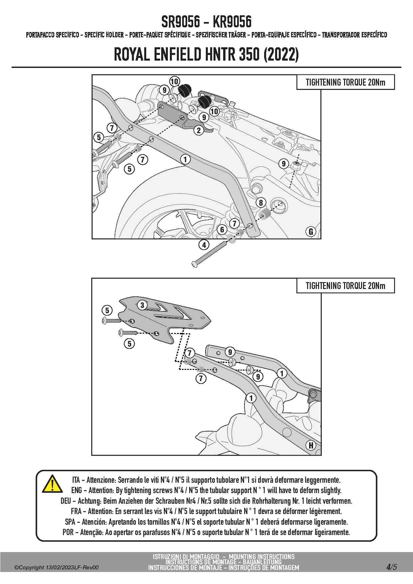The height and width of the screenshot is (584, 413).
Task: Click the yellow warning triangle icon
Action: pyautogui.click(x=52, y=484)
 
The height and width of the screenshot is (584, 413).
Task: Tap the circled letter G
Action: pyautogui.click(x=311, y=231)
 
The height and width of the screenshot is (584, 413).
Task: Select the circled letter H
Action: pyautogui.click(x=311, y=445)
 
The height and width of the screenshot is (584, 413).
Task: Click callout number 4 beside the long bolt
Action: pyautogui.click(x=204, y=245)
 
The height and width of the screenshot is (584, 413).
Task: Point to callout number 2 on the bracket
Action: pyautogui.click(x=199, y=130)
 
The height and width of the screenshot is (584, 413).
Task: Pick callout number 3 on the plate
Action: pyautogui.click(x=142, y=305)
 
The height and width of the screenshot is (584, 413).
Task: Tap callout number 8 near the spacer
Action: pyautogui.click(x=261, y=202)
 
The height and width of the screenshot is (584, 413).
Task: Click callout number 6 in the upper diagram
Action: pyautogui.click(x=222, y=229)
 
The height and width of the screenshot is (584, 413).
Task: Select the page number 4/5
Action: pyautogui.click(x=392, y=567)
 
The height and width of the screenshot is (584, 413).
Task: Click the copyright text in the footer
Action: pyautogui.click(x=56, y=568)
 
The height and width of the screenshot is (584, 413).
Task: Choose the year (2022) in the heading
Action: pyautogui.click(x=281, y=54)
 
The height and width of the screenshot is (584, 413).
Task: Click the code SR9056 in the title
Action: pyautogui.click(x=181, y=22)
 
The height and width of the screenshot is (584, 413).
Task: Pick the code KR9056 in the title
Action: pyautogui.click(x=232, y=22)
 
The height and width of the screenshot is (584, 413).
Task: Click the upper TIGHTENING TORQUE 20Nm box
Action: pyautogui.click(x=345, y=82)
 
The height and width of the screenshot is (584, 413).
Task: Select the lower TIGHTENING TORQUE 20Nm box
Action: pyautogui.click(x=345, y=286)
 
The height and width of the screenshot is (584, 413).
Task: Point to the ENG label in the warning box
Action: pyautogui.click(x=76, y=490)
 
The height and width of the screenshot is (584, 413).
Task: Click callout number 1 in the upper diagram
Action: pyautogui.click(x=185, y=159)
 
